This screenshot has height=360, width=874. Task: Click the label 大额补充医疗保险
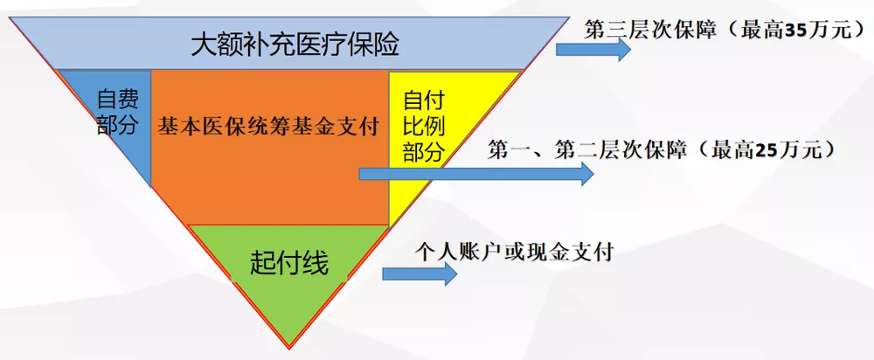288,44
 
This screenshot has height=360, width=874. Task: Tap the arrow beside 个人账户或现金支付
420,273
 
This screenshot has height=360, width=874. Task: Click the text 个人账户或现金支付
514,253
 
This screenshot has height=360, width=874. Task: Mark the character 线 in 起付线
316,262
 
